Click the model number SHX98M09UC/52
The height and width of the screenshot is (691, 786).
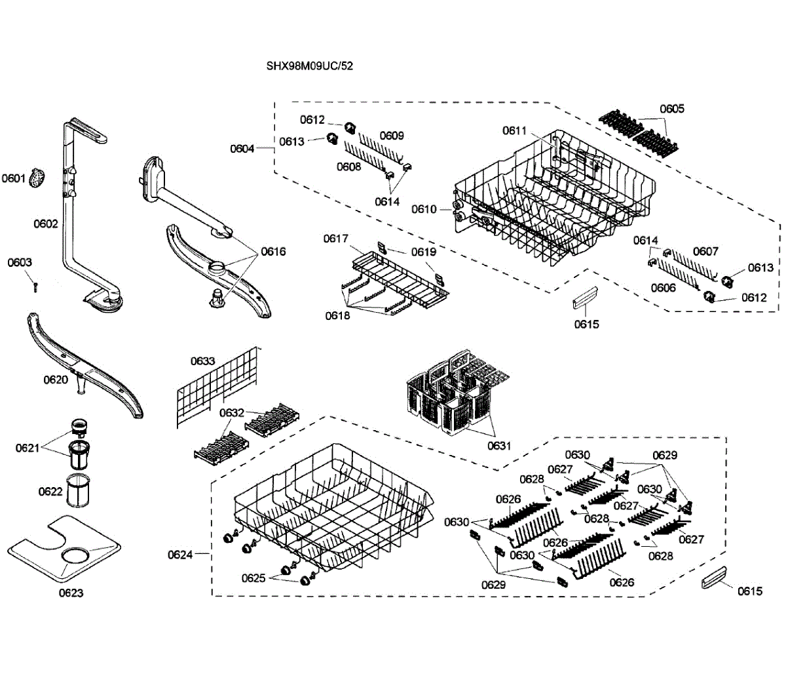[309, 66]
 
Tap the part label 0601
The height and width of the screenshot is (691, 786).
[13, 178]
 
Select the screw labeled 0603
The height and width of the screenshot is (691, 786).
[36, 286]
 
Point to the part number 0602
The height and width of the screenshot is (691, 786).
[46, 224]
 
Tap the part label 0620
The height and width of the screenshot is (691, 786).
[56, 380]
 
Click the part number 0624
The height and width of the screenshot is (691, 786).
[179, 555]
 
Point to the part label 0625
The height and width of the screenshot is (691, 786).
[253, 578]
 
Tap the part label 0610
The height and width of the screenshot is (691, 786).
[424, 209]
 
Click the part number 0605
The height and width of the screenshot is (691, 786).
[672, 109]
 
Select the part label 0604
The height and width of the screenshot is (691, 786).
[242, 149]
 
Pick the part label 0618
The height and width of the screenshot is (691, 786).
[338, 315]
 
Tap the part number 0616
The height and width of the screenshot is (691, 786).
[273, 251]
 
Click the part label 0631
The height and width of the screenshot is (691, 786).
[499, 446]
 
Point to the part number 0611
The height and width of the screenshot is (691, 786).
[515, 130]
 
